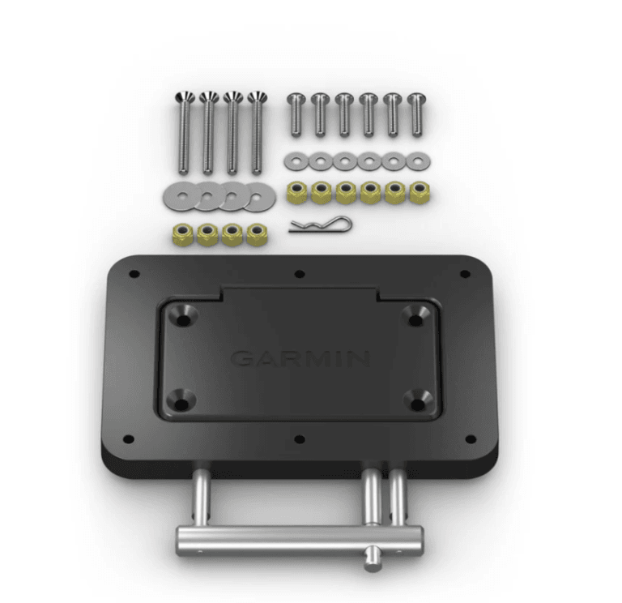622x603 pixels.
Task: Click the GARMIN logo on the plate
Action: point(300,358)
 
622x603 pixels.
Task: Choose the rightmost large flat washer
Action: point(258,195)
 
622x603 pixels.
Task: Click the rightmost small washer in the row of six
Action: point(417,161)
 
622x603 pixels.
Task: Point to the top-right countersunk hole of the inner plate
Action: point(416,317)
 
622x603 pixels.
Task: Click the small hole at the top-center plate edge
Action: point(300,274)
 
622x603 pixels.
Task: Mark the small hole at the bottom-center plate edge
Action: point(300,439)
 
